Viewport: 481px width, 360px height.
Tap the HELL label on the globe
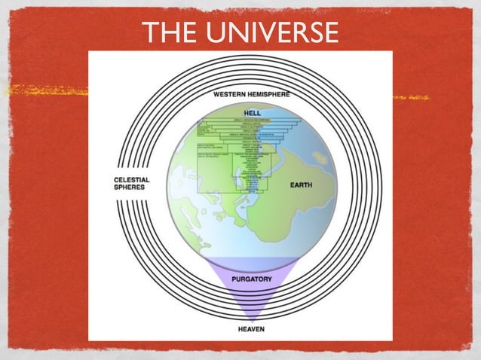pyautogui.click(x=252, y=113)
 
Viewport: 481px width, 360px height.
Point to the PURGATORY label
pyautogui.click(x=252, y=279)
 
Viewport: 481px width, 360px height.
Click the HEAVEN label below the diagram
pyautogui.click(x=251, y=329)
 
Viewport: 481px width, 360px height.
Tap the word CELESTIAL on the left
pyautogui.click(x=131, y=180)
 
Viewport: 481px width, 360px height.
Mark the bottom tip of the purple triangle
pyautogui.click(x=251, y=321)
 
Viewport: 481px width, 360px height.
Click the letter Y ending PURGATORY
pyautogui.click(x=269, y=279)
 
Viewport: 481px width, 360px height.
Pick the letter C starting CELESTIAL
pyautogui.click(x=115, y=180)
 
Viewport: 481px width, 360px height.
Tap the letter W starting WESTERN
pyautogui.click(x=216, y=94)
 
